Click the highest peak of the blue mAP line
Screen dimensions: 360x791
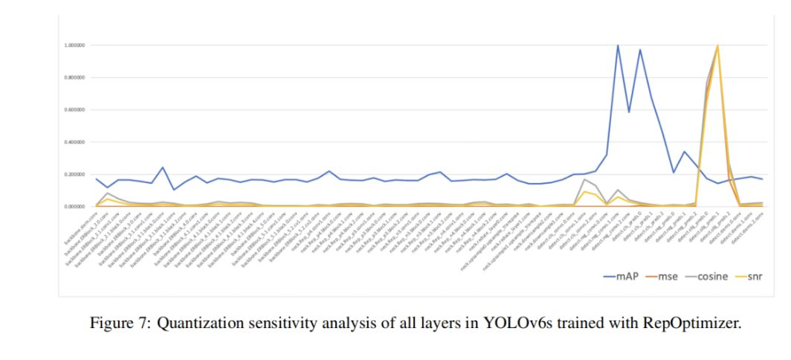click(618, 45)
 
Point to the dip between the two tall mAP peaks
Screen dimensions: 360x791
click(629, 112)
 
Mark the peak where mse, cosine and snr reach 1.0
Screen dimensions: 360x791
click(717, 46)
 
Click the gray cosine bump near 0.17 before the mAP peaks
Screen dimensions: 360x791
click(585, 179)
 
